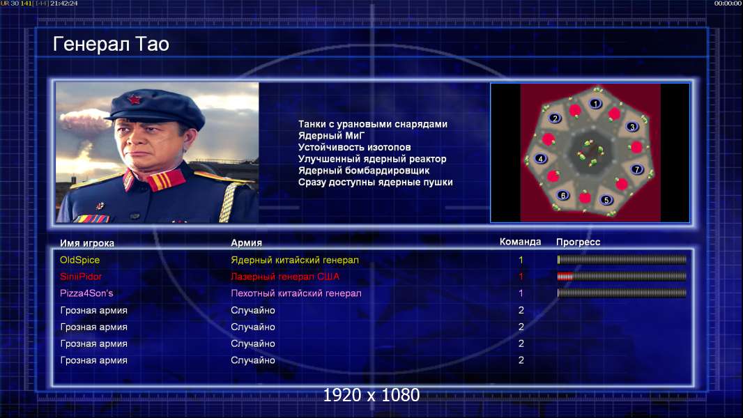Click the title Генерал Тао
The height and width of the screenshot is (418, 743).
(x=111, y=44)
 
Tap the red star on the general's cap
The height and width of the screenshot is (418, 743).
(x=134, y=100)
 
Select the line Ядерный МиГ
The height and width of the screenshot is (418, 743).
(x=331, y=135)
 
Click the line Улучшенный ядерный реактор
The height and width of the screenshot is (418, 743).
(x=372, y=159)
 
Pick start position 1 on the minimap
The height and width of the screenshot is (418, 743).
(x=595, y=103)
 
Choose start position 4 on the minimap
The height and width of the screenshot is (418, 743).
(x=540, y=159)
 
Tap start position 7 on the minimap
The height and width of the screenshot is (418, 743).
(x=637, y=169)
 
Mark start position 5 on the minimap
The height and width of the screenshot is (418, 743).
(x=606, y=200)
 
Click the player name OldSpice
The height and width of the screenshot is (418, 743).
(x=79, y=260)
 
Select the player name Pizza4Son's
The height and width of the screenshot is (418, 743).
(x=86, y=293)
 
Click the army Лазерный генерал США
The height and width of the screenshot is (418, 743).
(x=285, y=277)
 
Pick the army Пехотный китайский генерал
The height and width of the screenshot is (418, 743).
(x=296, y=293)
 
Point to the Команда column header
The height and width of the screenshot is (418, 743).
(x=520, y=242)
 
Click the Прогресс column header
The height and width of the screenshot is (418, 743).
(x=578, y=242)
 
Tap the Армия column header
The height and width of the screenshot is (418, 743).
(x=247, y=242)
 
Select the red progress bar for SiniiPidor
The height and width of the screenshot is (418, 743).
(x=565, y=277)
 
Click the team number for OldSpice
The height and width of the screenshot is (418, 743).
(x=521, y=260)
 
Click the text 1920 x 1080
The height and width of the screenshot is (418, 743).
(x=371, y=395)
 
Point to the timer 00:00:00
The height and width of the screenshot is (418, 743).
(x=728, y=3)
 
